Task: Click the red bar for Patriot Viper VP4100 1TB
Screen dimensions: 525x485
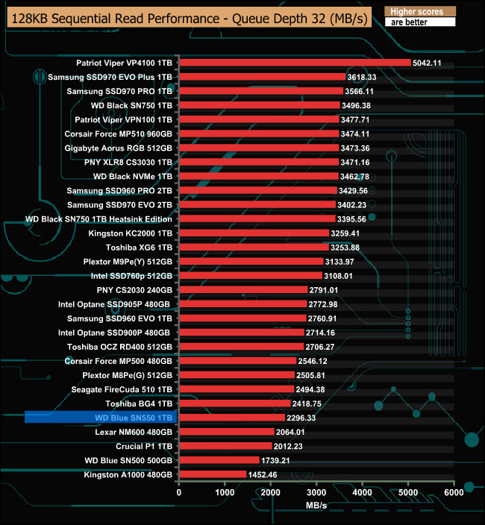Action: coord(295,63)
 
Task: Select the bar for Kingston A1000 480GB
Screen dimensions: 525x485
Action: coord(213,474)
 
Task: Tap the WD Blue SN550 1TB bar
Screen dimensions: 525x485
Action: coord(232,418)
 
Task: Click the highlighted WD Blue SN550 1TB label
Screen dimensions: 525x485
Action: coord(134,418)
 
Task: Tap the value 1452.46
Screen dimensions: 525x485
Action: coord(263,474)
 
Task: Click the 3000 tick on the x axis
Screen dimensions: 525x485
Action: coord(316,492)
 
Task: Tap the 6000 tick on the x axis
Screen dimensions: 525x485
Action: coord(454,492)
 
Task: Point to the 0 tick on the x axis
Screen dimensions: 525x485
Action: coord(179,492)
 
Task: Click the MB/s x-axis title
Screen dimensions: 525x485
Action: coord(316,506)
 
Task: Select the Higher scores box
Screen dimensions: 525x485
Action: coord(419,12)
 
